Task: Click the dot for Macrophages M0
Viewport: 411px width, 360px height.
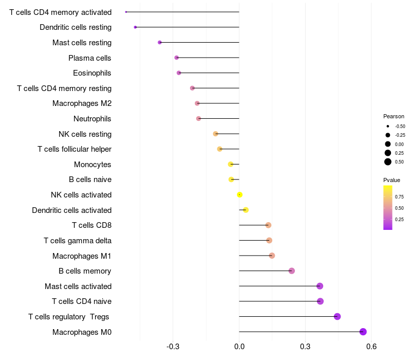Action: [x=363, y=332]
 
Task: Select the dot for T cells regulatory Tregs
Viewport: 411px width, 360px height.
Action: [x=338, y=316]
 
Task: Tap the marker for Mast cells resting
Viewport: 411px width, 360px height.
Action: [x=160, y=42]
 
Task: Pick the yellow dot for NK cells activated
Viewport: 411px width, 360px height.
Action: [x=239, y=194]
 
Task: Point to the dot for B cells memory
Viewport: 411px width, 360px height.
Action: [x=292, y=271]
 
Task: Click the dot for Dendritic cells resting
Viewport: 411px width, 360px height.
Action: [x=135, y=27]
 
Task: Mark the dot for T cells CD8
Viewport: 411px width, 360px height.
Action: [x=268, y=225]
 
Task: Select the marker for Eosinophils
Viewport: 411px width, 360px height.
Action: [x=179, y=73]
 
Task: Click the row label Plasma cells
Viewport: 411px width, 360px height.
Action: [x=90, y=58]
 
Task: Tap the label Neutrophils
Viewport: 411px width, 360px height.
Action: [x=92, y=119]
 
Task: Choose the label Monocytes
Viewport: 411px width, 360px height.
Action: [x=92, y=165]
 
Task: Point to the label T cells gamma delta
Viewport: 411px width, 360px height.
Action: [x=78, y=241]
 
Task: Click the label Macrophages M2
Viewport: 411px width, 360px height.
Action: [x=82, y=103]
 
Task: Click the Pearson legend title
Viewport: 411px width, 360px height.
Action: [x=394, y=116]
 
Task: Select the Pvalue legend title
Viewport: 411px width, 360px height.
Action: [x=391, y=180]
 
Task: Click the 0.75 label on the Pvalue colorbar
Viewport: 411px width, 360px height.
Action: [x=399, y=196]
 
